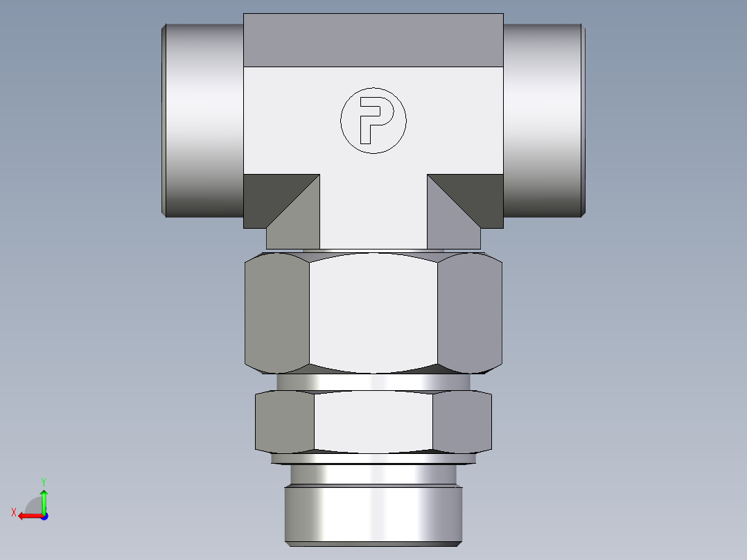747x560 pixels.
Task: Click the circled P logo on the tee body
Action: (x=373, y=121)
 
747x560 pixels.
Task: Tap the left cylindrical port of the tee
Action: (x=203, y=120)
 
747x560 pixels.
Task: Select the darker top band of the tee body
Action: (x=373, y=40)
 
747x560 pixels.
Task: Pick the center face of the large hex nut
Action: (x=373, y=312)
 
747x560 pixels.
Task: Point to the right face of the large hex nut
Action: (x=470, y=312)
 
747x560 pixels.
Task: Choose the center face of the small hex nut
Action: (x=373, y=421)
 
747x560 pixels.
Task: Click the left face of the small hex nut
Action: (x=285, y=421)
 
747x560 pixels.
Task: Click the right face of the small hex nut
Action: (x=462, y=421)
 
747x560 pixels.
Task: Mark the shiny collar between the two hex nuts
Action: (x=373, y=383)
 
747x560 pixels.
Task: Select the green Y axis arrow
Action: (x=44, y=499)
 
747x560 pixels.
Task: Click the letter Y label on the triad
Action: (x=43, y=481)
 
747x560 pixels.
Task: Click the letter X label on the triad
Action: (x=14, y=512)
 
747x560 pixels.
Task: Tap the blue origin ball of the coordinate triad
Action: (x=44, y=516)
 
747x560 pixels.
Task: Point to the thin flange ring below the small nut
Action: (x=373, y=458)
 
